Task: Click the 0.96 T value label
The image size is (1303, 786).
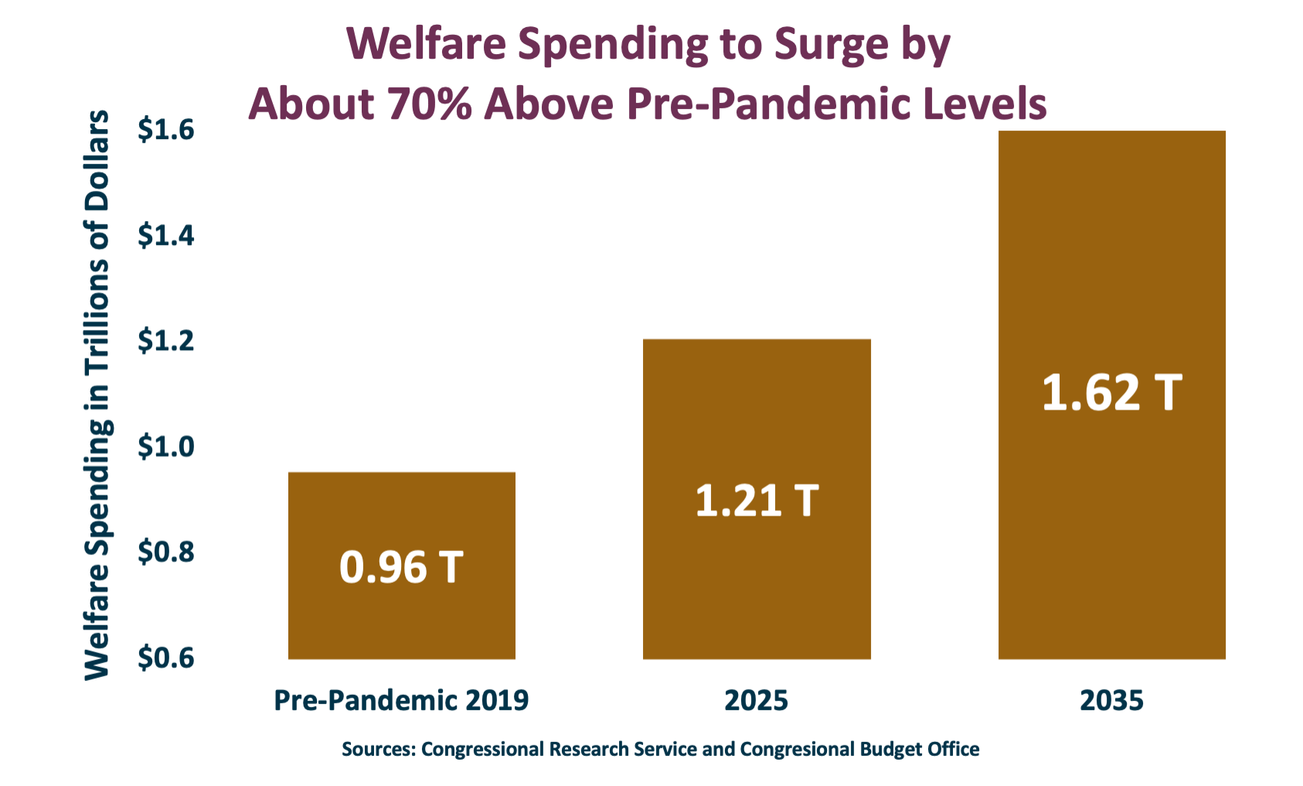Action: (401, 567)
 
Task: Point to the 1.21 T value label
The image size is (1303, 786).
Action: (757, 501)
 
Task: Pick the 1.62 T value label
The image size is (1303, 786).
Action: (1111, 393)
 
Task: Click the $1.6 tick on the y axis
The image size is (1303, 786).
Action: (165, 130)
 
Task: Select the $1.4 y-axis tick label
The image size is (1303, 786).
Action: (165, 235)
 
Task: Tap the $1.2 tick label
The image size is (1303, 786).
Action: (165, 340)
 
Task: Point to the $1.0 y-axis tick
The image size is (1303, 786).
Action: (165, 446)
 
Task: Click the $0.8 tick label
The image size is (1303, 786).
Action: (165, 552)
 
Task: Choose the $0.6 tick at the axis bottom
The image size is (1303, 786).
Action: (165, 658)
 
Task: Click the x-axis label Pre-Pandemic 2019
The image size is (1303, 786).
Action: (401, 700)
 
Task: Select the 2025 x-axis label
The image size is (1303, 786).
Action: (757, 700)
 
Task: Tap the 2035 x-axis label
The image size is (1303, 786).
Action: (1111, 700)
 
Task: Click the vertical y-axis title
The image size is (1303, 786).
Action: (97, 394)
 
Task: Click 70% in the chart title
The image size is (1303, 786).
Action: (429, 104)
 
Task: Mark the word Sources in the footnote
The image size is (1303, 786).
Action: (379, 749)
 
